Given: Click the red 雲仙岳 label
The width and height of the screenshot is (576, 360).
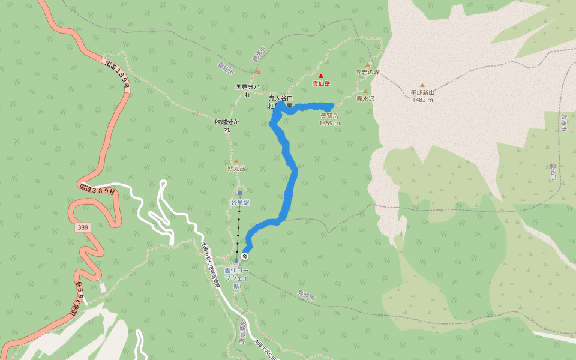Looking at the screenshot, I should [321, 83].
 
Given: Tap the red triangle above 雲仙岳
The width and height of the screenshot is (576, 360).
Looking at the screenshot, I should [321, 76].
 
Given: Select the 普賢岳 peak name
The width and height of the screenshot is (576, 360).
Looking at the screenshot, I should [329, 116].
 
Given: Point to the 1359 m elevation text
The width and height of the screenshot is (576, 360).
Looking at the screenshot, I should [329, 123].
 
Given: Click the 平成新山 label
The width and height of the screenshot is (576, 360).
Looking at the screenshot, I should [422, 92].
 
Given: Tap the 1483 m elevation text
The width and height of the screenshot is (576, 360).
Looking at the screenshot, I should [422, 100].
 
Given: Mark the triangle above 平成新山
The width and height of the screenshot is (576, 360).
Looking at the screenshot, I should [422, 85].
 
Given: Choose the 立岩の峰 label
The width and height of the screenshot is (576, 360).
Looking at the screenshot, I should [368, 71].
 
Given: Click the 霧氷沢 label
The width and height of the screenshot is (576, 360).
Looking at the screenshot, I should [365, 98].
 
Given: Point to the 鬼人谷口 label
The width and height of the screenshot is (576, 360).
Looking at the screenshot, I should [280, 98].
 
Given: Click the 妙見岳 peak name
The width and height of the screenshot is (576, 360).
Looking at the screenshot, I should [236, 169].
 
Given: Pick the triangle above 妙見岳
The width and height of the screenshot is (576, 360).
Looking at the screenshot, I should [236, 161].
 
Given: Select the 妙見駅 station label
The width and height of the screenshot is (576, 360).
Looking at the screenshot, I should [239, 203].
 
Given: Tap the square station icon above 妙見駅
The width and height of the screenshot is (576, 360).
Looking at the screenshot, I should [239, 194].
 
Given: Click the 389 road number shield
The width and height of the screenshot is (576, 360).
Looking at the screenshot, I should [82, 228].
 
